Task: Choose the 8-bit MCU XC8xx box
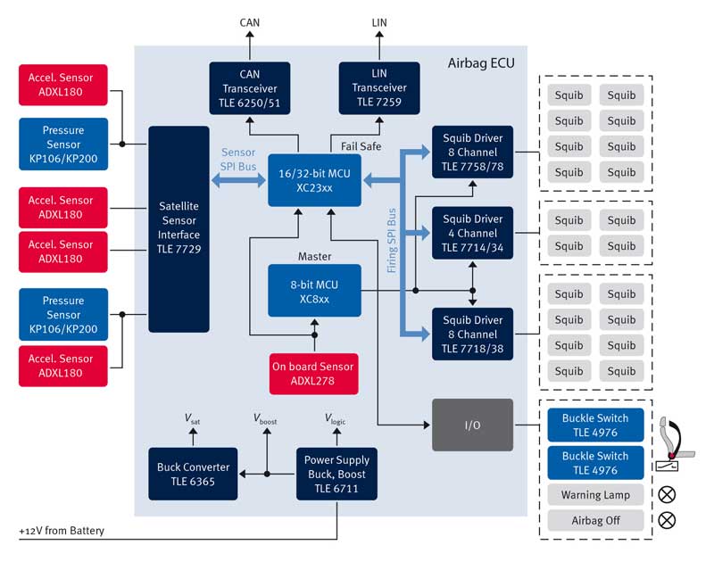click(x=314, y=291)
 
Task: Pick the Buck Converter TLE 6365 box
click(x=193, y=475)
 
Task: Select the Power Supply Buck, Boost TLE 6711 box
click(x=336, y=475)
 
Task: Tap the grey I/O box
click(x=472, y=425)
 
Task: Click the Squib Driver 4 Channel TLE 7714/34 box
click(x=472, y=233)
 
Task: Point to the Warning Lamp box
click(x=595, y=495)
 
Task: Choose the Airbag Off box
click(x=595, y=520)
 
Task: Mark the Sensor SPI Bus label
click(x=237, y=159)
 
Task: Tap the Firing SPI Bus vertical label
click(x=391, y=240)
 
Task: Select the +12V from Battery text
click(x=62, y=532)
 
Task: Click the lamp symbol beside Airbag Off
click(x=667, y=520)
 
